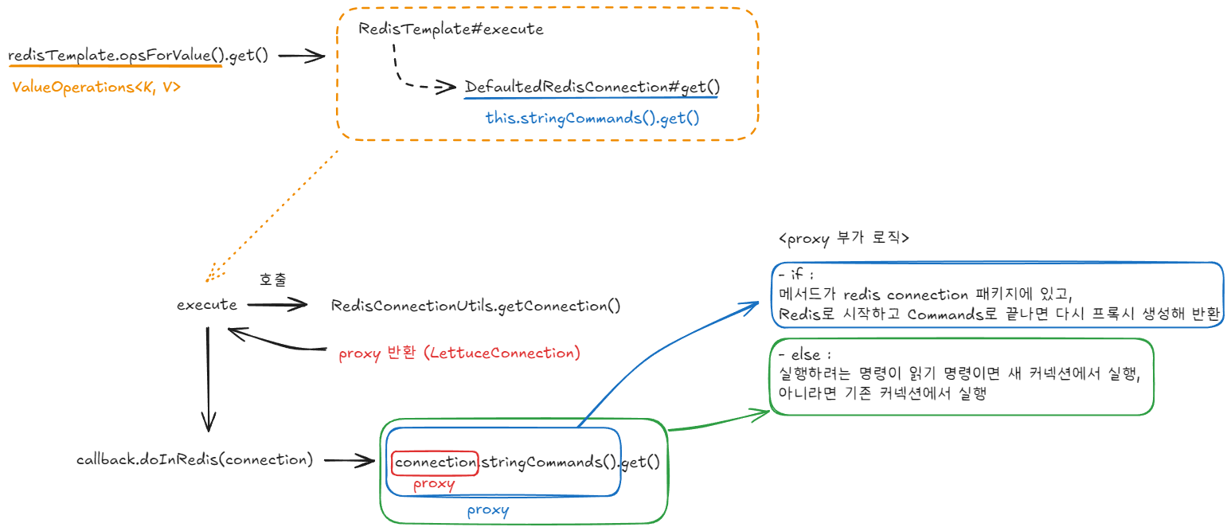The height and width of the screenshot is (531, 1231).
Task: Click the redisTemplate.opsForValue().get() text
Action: coord(138,57)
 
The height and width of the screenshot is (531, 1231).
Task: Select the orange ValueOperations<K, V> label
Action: coord(96,88)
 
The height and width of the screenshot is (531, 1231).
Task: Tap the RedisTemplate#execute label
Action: coord(451,29)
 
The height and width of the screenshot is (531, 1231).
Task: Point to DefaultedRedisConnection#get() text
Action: coord(592,87)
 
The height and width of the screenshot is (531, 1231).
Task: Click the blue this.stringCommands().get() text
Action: coord(592,119)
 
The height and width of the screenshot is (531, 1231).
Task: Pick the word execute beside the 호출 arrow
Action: coord(207,305)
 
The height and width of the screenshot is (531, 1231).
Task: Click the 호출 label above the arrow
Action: coord(273,279)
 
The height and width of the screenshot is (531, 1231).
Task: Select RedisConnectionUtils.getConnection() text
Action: coord(475,306)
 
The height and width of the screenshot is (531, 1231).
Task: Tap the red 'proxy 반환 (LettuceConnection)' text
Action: coord(459,353)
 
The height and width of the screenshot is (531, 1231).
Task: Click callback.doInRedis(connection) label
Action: coord(195,459)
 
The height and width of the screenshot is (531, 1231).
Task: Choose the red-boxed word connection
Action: coord(435,463)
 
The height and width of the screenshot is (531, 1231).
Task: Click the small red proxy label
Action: coord(434,484)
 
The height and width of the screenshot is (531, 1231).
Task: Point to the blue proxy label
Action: coord(487,510)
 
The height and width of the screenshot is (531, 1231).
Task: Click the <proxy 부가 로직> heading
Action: coord(843,238)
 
